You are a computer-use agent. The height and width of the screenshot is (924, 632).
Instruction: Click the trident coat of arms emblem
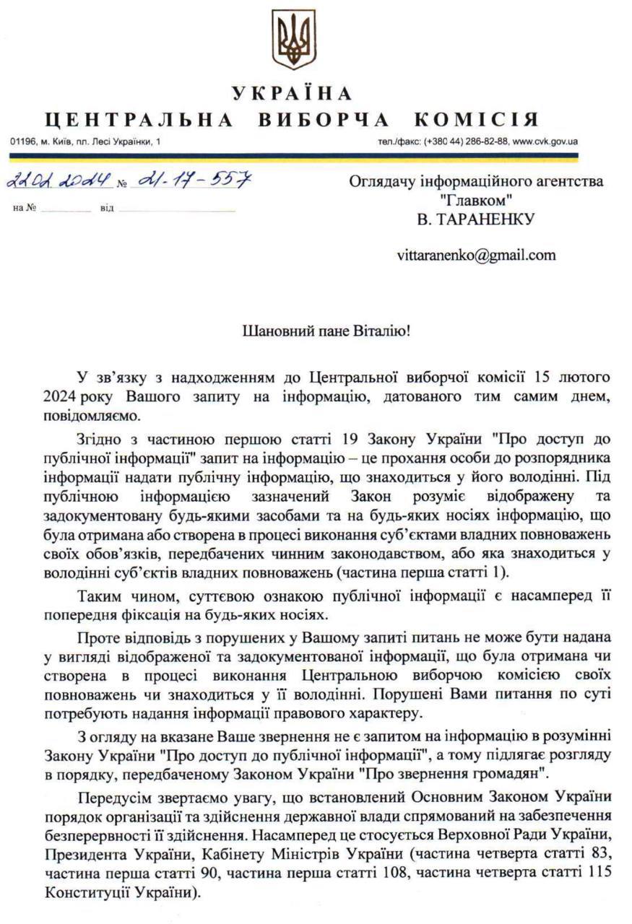(x=293, y=39)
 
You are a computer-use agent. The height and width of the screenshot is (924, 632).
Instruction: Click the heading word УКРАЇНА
(x=293, y=93)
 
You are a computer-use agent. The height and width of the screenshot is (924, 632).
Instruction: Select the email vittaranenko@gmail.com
(x=476, y=255)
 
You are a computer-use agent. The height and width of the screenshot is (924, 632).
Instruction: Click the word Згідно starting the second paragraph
(x=98, y=440)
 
